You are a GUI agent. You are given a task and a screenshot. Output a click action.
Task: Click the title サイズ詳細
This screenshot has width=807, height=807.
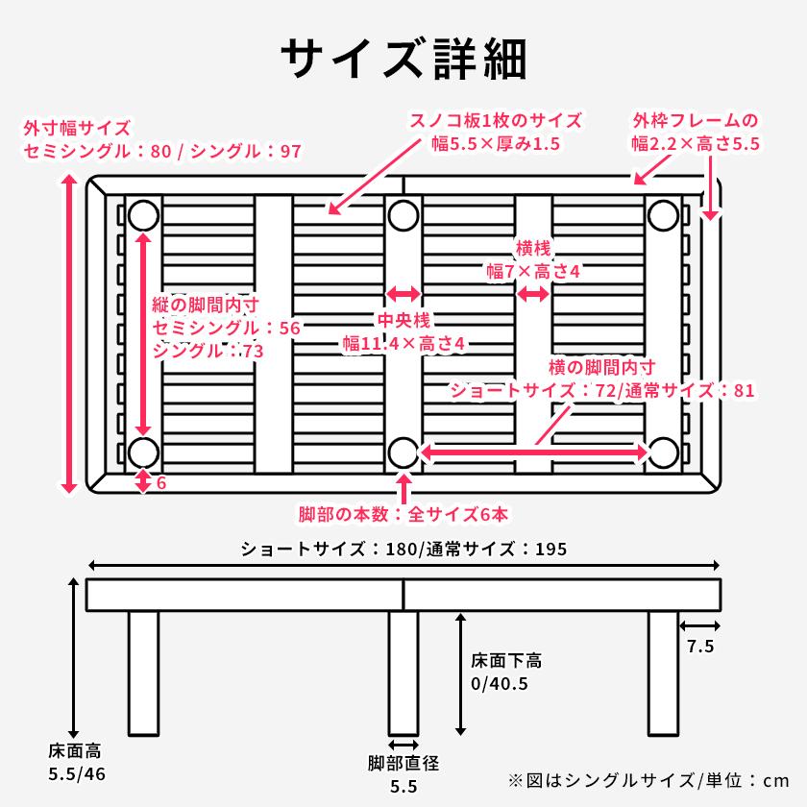(x=403, y=60)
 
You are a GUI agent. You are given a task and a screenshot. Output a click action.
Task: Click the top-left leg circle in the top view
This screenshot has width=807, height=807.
(x=144, y=215)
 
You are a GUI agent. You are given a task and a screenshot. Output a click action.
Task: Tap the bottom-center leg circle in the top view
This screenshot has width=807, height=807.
(x=403, y=452)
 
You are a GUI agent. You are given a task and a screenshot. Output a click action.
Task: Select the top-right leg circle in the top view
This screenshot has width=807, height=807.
(x=662, y=215)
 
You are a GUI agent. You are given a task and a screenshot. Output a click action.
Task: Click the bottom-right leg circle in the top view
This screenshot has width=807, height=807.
(x=662, y=452)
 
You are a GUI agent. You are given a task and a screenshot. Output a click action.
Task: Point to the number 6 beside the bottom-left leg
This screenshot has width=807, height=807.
(x=161, y=483)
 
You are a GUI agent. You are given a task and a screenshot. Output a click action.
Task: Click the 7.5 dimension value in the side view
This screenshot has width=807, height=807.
(x=700, y=647)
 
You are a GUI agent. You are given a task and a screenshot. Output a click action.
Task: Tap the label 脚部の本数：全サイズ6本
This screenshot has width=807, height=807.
(x=403, y=514)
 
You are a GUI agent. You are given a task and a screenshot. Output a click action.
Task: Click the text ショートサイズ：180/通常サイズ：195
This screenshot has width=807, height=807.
(x=403, y=550)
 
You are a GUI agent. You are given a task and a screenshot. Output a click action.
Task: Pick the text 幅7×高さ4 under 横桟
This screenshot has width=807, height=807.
(x=533, y=272)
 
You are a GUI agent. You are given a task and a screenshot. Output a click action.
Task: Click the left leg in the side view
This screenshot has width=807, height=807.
(x=143, y=672)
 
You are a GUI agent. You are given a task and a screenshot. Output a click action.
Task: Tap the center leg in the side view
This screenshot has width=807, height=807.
(x=403, y=672)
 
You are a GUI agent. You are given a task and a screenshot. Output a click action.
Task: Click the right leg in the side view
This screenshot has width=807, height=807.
(x=663, y=672)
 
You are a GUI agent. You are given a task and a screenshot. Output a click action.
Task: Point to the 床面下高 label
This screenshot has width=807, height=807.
(x=506, y=661)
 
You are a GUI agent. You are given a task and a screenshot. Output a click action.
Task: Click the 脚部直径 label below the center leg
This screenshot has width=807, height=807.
(x=403, y=765)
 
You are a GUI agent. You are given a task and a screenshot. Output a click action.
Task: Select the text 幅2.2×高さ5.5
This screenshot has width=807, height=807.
(x=696, y=144)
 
